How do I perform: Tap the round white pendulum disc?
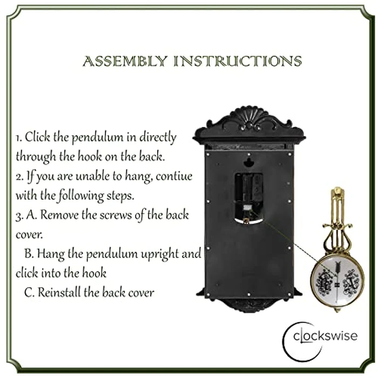pos(338,281)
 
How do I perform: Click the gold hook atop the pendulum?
pos(337,193)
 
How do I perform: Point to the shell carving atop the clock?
pos(248,116)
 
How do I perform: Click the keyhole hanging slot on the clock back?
pos(248,162)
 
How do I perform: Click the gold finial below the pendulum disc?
pos(337,309)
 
